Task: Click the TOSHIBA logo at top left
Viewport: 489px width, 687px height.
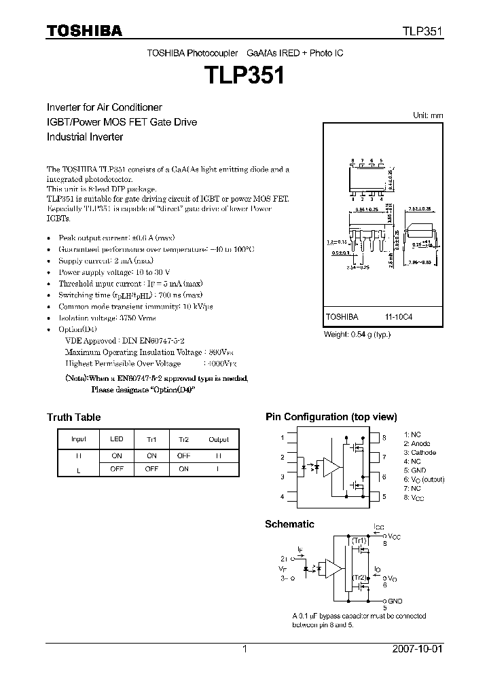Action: coord(84,31)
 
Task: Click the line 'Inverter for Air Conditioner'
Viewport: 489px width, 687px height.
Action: coord(104,108)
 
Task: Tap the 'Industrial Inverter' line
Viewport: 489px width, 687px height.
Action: coord(85,136)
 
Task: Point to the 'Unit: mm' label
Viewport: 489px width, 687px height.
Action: coord(428,115)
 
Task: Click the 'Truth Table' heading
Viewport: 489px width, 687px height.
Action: coord(73,417)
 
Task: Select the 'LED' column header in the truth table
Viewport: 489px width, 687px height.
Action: coord(117,439)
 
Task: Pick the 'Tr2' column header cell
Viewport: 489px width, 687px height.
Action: coord(183,439)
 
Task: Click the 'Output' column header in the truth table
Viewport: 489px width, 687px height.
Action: coord(219,439)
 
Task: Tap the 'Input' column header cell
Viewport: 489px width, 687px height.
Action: coord(79,439)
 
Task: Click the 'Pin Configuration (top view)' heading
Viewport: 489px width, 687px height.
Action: coord(331,417)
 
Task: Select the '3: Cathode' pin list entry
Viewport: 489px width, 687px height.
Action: coord(420,452)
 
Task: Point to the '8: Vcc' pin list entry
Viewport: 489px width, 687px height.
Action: coord(415,497)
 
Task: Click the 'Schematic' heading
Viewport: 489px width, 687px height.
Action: coord(289,524)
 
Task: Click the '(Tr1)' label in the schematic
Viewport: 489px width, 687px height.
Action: coord(359,540)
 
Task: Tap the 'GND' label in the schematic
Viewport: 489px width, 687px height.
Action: coord(396,601)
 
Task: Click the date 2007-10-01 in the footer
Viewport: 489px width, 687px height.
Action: coord(417,649)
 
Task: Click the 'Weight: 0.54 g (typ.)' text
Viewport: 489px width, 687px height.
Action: coord(357,335)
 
